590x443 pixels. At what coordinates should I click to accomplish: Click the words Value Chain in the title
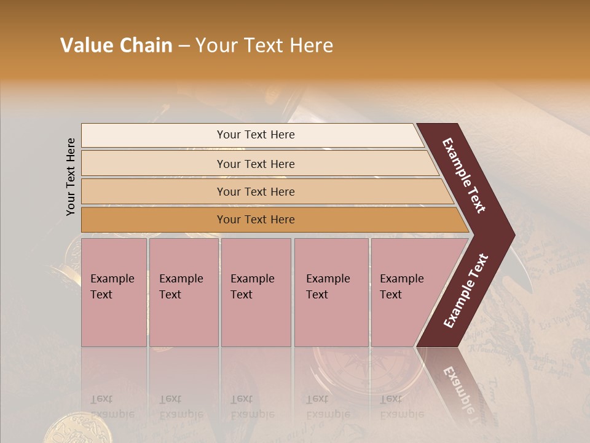pos(116,46)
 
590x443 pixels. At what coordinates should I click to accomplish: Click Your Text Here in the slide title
pos(264,46)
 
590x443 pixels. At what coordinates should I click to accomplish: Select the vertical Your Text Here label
pos(71,177)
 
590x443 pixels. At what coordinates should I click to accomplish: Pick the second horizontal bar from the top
pos(256,164)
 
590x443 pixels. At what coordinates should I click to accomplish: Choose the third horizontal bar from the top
pos(256,191)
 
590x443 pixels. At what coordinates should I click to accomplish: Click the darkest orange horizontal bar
pos(256,220)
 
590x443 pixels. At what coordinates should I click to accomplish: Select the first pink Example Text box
pos(114,292)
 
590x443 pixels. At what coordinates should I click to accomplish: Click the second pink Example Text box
pos(183,292)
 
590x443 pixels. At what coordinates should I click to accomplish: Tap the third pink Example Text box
pos(256,292)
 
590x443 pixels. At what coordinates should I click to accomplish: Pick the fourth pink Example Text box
pos(331,292)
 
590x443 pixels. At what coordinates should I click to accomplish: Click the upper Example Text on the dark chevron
pos(464,175)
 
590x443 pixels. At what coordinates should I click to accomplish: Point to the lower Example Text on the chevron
pos(465,291)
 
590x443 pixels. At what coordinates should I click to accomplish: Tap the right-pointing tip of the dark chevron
pos(510,234)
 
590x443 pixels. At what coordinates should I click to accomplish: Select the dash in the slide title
pos(184,46)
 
